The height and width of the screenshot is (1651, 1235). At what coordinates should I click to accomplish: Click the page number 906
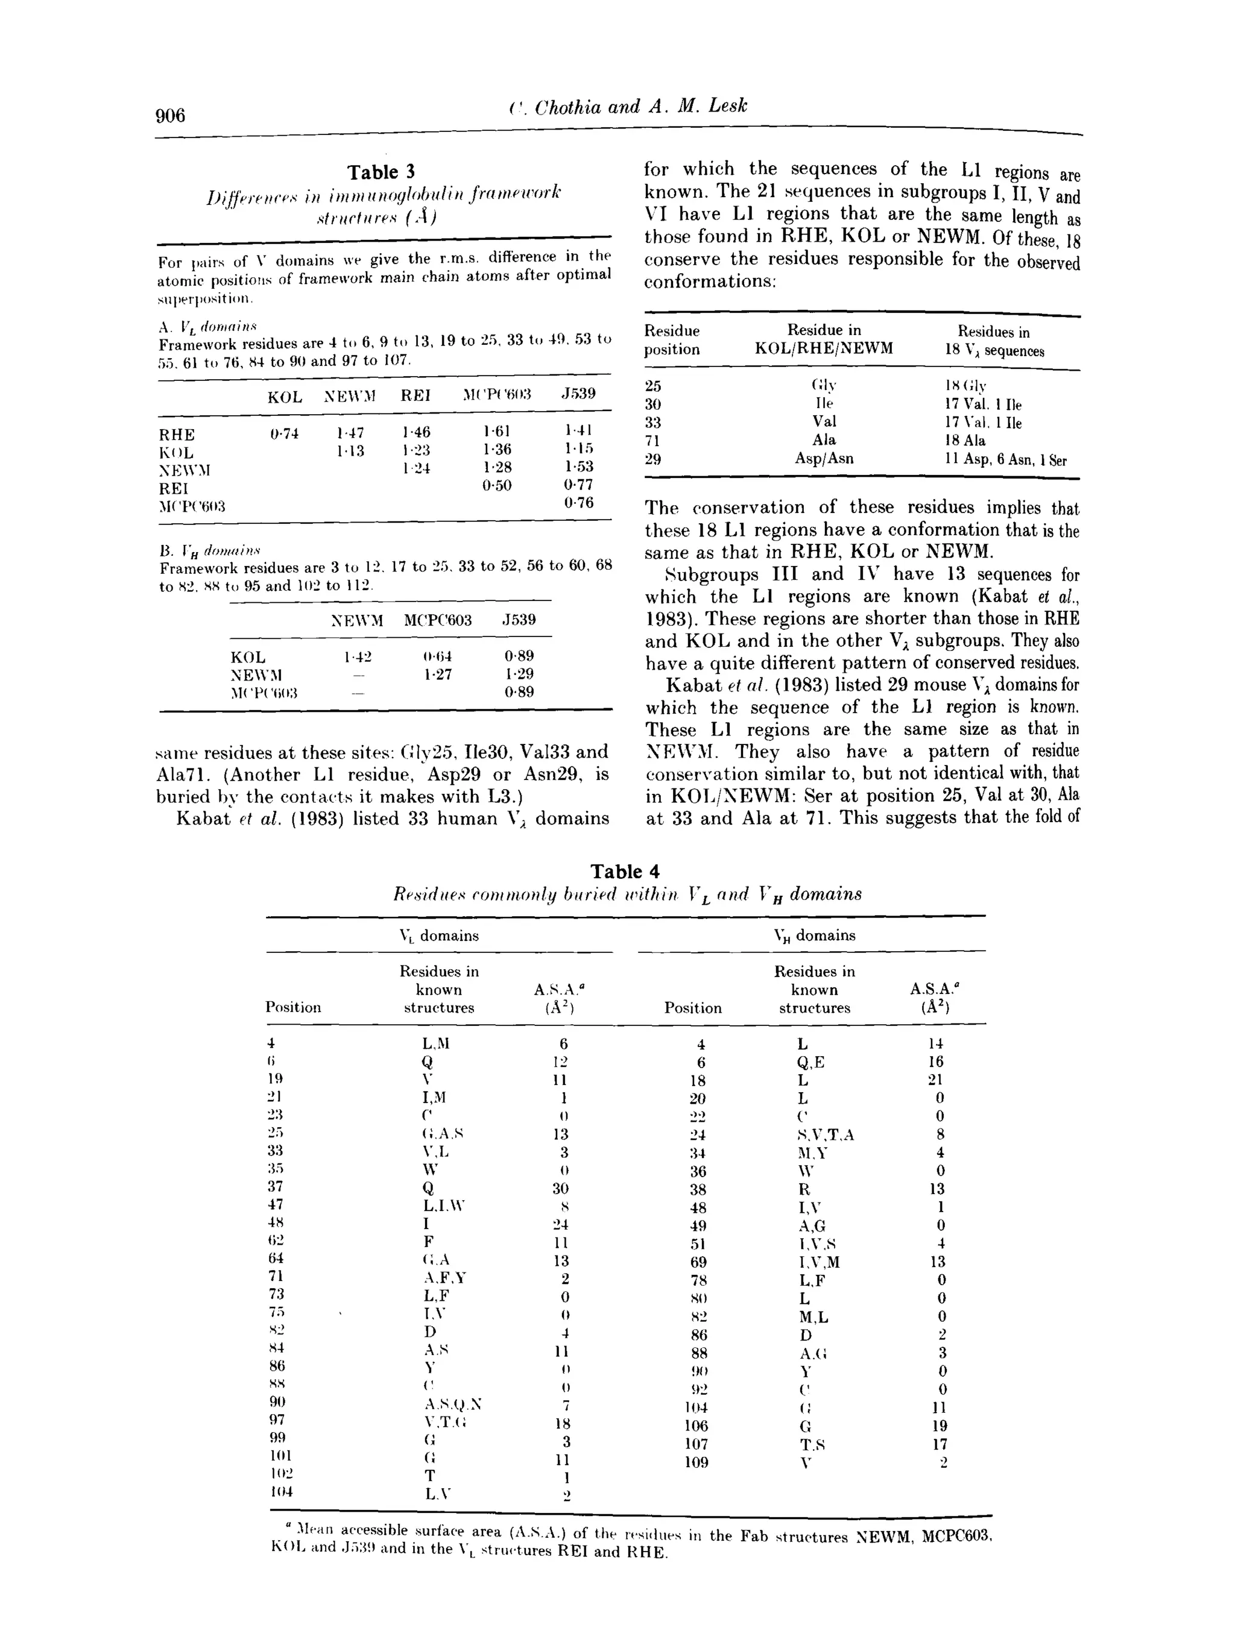click(170, 116)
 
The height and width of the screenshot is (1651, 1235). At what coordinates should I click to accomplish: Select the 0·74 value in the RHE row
click(284, 433)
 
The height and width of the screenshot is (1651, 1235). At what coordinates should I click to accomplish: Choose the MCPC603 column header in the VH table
click(438, 620)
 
